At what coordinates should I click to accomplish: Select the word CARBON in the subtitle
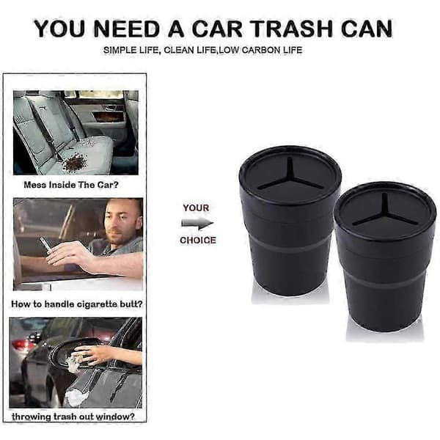pos(260,50)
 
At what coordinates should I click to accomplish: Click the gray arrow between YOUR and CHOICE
pos(197,224)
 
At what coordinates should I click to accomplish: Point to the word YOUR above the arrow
pos(196,208)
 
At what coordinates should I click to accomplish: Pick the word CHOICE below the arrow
pos(198,241)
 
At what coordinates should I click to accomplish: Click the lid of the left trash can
pos(290,175)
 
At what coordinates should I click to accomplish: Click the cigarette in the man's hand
pos(45,244)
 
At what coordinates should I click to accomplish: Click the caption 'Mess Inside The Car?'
pos(71,185)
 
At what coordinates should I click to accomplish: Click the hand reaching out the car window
pos(89,355)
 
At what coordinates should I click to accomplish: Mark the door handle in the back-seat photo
pos(110,107)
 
